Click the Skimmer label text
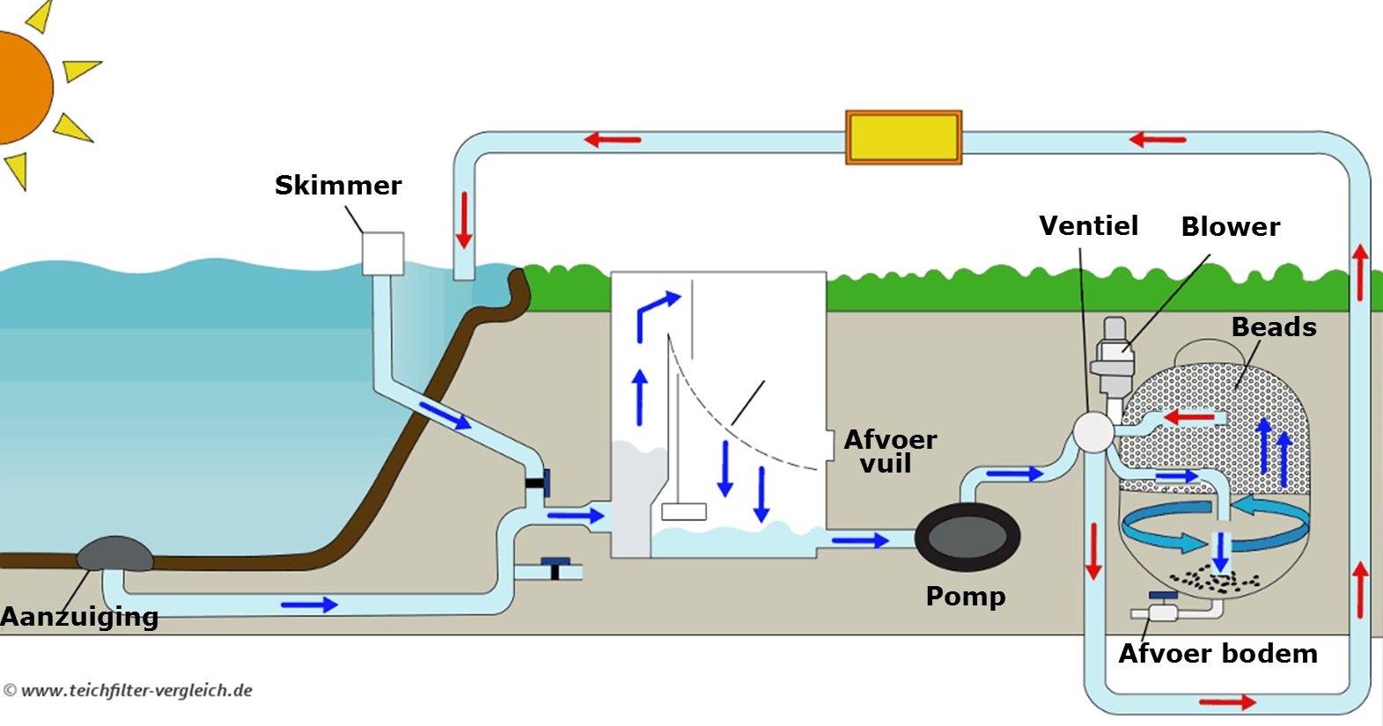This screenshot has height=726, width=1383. pyautogui.click(x=338, y=186)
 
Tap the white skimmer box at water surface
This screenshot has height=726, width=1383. pyautogui.click(x=383, y=253)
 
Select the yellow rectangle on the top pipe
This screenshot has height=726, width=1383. pyautogui.click(x=903, y=137)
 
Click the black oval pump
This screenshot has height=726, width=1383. pyautogui.click(x=967, y=537)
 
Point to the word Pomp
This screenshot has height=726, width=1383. pyautogui.click(x=965, y=597)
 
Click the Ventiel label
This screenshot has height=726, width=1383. pyautogui.click(x=1088, y=226)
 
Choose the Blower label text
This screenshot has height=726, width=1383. pyautogui.click(x=1230, y=227)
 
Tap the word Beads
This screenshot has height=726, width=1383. pyautogui.click(x=1273, y=327)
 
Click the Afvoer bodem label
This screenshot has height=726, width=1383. pyautogui.click(x=1217, y=654)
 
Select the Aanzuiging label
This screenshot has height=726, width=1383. pyautogui.click(x=79, y=617)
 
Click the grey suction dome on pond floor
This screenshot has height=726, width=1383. pyautogui.click(x=114, y=554)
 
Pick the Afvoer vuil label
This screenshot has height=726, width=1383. pyautogui.click(x=889, y=451)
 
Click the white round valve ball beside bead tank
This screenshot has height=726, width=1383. pyautogui.click(x=1092, y=433)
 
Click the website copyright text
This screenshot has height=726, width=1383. pyautogui.click(x=129, y=691)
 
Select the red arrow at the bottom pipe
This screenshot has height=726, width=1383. pyautogui.click(x=1227, y=701)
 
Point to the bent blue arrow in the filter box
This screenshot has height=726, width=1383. pyautogui.click(x=656, y=312)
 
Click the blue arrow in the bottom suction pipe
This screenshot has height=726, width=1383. pyautogui.click(x=309, y=605)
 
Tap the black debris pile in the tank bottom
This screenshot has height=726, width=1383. pyautogui.click(x=1215, y=580)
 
